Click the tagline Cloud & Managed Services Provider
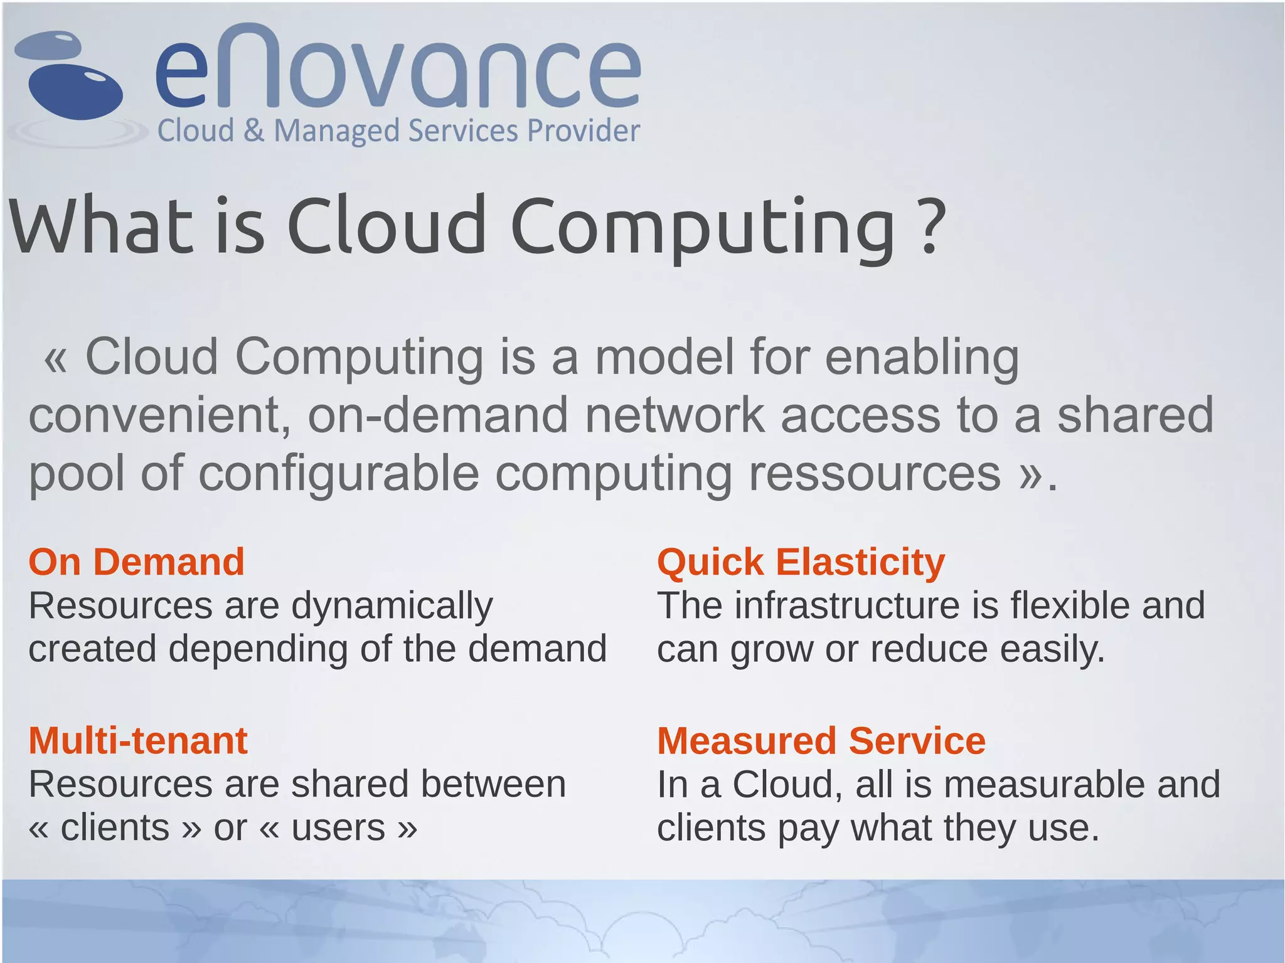click(x=398, y=131)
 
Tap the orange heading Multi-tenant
click(x=138, y=740)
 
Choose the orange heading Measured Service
click(x=821, y=740)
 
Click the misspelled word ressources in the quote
click(x=875, y=473)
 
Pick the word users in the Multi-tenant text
click(x=338, y=828)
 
